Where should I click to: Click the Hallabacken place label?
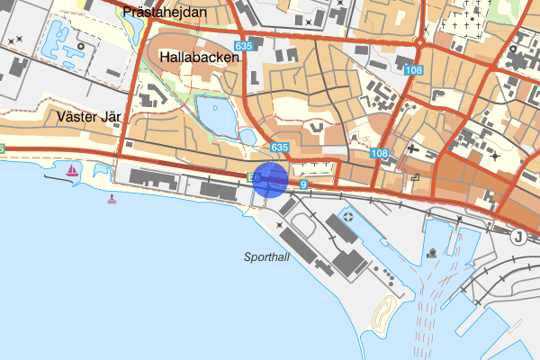point(200,57)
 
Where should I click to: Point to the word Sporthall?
point(268,256)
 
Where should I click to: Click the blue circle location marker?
point(270,179)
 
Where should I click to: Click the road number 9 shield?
point(304,184)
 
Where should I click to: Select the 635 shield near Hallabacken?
point(242,46)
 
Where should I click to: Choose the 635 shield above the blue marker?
point(279,147)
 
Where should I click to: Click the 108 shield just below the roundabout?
point(414,70)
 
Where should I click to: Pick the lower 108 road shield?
point(379,154)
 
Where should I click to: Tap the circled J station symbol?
point(517,237)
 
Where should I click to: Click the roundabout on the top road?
point(420,41)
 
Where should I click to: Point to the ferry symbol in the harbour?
point(433,252)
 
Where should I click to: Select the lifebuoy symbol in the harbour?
point(347,219)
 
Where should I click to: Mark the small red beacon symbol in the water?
point(112,198)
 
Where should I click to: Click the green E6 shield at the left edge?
point(3,148)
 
